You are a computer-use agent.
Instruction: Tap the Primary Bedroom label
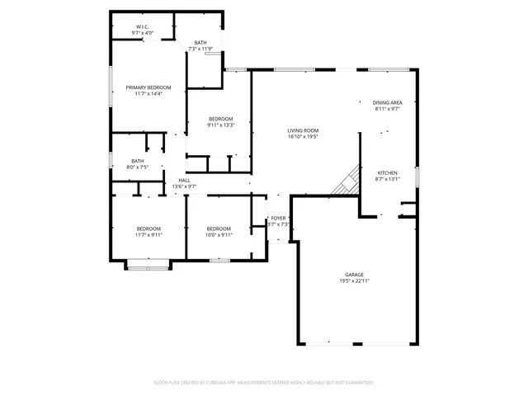148,87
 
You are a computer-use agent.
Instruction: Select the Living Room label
303,130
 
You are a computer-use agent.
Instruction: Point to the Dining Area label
387,102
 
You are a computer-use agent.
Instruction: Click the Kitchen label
388,172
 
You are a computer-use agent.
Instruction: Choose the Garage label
355,275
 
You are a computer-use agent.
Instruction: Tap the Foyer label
279,218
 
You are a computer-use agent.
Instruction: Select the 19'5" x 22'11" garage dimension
355,281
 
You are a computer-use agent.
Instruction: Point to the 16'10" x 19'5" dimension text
303,137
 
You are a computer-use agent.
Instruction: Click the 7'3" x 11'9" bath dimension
200,49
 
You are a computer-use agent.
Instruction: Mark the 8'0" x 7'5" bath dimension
137,167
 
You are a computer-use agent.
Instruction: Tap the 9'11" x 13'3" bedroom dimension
221,125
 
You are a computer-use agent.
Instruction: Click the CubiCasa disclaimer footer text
264,383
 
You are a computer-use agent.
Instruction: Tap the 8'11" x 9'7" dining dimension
387,109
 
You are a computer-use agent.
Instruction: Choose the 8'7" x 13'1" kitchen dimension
388,179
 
